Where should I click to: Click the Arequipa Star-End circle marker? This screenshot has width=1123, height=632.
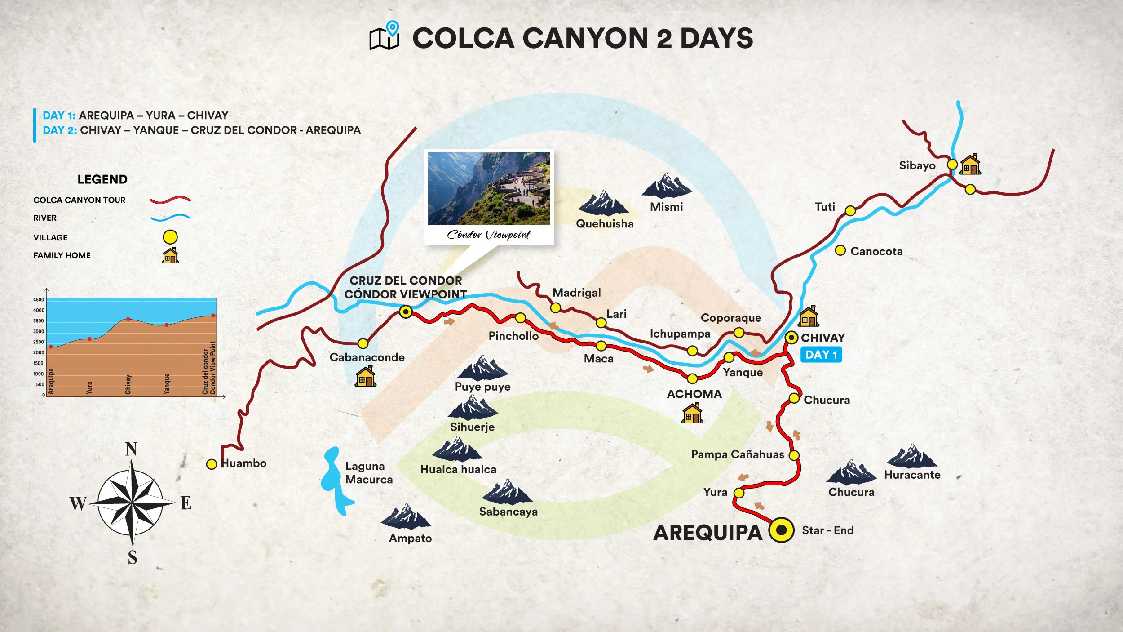click(781, 530)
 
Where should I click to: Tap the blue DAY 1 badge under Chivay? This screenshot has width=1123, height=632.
click(821, 355)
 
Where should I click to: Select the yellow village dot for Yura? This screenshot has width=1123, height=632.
click(739, 493)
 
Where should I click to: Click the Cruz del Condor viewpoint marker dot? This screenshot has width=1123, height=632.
click(406, 312)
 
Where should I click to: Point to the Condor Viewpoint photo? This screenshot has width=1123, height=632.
click(489, 188)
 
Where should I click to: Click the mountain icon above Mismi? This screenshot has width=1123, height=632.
click(666, 186)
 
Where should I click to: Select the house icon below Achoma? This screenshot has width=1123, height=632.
click(692, 413)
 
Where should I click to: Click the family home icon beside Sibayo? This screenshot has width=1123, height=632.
click(970, 165)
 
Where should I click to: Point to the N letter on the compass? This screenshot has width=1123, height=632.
click(131, 449)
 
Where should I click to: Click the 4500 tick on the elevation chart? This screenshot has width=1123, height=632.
click(39, 300)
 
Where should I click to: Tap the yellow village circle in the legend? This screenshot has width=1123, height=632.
click(170, 237)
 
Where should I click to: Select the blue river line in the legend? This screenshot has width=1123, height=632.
click(170, 218)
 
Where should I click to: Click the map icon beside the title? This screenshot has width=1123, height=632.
click(384, 36)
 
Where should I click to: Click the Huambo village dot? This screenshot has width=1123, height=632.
click(212, 464)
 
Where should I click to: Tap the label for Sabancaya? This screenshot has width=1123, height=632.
click(508, 512)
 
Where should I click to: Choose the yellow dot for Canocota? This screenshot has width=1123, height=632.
click(840, 250)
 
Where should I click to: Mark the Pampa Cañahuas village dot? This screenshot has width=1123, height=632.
click(794, 455)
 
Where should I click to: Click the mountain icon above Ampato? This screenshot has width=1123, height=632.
click(406, 517)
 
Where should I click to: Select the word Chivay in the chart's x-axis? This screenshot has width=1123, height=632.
click(128, 384)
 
